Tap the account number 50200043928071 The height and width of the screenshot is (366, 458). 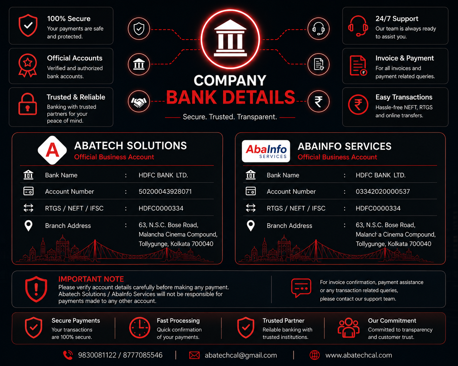[165, 191]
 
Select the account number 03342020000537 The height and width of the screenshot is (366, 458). [383, 191]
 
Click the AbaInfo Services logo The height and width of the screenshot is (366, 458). [266, 151]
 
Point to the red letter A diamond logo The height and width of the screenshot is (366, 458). [52, 150]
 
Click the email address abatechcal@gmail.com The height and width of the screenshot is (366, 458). [241, 355]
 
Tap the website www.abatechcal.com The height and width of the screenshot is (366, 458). [359, 355]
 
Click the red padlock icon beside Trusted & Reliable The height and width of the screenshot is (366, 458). [27, 104]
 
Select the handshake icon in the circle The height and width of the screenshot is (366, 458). [139, 101]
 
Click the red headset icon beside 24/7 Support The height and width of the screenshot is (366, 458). [358, 26]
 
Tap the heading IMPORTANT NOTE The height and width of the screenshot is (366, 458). [91, 279]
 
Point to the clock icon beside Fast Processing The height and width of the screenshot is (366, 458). [139, 328]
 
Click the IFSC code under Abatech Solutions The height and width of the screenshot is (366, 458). [161, 208]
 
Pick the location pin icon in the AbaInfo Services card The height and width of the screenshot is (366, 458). [251, 225]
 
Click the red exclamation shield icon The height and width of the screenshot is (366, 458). [36, 289]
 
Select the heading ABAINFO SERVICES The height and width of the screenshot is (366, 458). [344, 146]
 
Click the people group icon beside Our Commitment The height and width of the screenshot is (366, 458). [348, 328]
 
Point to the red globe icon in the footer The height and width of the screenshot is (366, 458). [315, 355]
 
